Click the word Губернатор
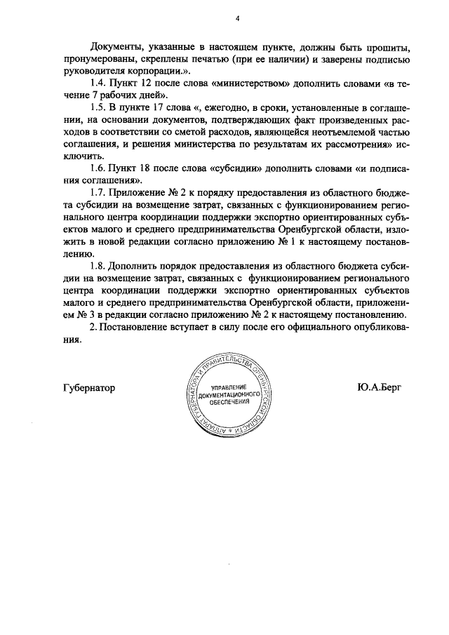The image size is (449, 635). point(89,388)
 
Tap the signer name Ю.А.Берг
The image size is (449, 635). point(378,388)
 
